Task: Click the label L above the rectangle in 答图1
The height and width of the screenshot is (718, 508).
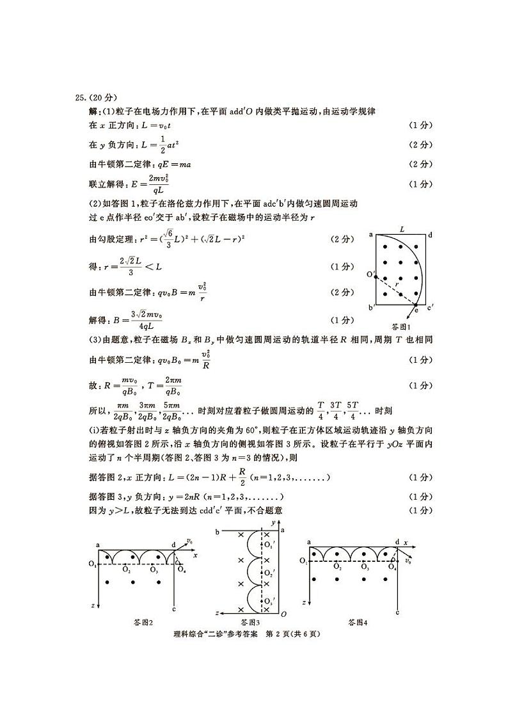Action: point(402,228)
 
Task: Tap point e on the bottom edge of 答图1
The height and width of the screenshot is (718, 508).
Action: point(416,308)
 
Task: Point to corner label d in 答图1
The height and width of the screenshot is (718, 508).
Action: point(431,235)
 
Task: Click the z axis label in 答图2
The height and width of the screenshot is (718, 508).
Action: point(93,604)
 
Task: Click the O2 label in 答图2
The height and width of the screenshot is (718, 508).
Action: point(127,570)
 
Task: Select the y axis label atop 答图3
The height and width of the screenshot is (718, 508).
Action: point(273,523)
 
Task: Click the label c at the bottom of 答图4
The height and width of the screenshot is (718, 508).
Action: point(397,612)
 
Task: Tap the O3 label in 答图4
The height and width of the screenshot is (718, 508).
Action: point(365,566)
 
